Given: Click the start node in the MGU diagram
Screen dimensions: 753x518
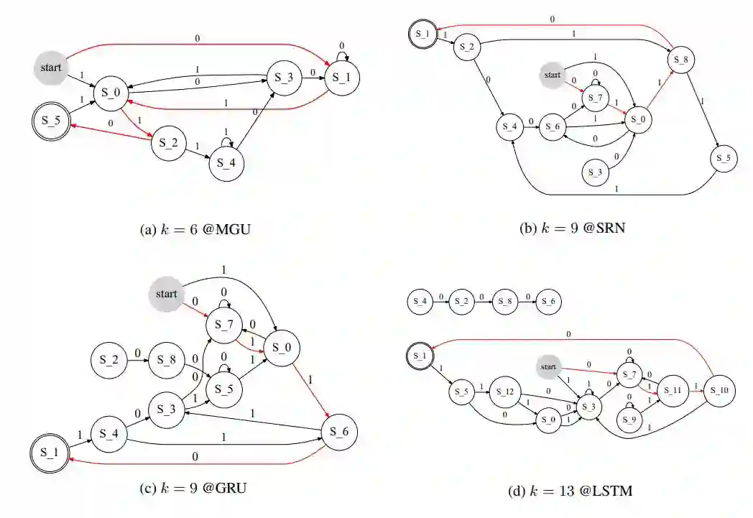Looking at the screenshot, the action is (51, 68).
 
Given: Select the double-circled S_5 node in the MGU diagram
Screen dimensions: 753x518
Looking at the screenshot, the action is (50, 120).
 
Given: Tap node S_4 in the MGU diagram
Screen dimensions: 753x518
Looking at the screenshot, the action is (227, 163).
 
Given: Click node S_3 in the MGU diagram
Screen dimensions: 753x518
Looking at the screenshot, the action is (285, 78).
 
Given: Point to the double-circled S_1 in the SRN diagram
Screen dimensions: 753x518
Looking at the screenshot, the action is (423, 34).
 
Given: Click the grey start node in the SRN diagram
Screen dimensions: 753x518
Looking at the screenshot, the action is (552, 75).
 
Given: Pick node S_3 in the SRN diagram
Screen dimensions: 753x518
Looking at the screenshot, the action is (593, 173).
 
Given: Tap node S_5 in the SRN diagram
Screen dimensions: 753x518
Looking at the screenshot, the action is (724, 158).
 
